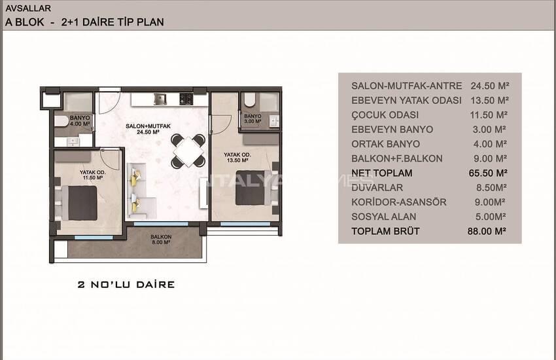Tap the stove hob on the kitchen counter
pyautogui.click(x=186, y=99)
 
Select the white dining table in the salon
pyautogui.click(x=188, y=151)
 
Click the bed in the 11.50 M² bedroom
pyautogui.click(x=79, y=203)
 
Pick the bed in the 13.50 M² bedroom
pyautogui.click(x=254, y=188)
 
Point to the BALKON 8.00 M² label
pyautogui.click(x=161, y=240)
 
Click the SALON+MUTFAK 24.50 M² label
pyautogui.click(x=148, y=129)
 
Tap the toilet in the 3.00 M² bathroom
pyautogui.click(x=250, y=99)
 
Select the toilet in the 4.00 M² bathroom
pyautogui.click(x=61, y=121)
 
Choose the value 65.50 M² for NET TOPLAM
pyautogui.click(x=488, y=173)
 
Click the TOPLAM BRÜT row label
pyautogui.click(x=385, y=231)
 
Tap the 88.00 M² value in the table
pyautogui.click(x=487, y=231)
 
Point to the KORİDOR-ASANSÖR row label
pyautogui.click(x=399, y=202)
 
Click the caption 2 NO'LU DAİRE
pyautogui.click(x=126, y=285)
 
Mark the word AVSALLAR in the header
pyautogui.click(x=28, y=8)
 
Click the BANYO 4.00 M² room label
pyautogui.click(x=80, y=120)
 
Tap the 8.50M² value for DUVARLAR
pyautogui.click(x=491, y=188)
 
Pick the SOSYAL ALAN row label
pyautogui.click(x=384, y=217)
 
